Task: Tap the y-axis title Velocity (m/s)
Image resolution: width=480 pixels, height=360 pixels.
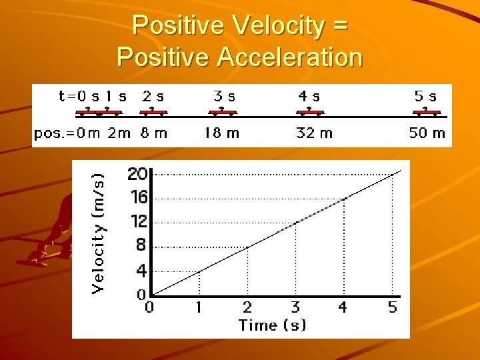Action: click(x=98, y=231)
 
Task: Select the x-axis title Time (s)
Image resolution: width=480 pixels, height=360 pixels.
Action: click(x=273, y=325)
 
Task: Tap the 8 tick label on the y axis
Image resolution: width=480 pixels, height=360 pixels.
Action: click(x=141, y=245)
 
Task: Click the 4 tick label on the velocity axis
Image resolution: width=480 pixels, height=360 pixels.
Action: click(x=141, y=271)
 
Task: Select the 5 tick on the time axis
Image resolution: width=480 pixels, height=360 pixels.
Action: click(x=392, y=307)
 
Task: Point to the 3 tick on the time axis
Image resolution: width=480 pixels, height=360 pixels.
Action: click(x=295, y=307)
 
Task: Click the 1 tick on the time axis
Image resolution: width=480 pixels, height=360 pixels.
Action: click(x=198, y=307)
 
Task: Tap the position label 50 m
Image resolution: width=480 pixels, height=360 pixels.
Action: click(x=427, y=133)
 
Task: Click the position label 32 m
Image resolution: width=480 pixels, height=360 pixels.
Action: click(x=314, y=133)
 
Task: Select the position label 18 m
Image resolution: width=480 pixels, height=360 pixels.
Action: click(x=221, y=133)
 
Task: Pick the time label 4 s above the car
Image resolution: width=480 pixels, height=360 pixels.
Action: click(x=309, y=96)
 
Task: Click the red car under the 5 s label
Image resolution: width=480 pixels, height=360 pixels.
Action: click(x=425, y=111)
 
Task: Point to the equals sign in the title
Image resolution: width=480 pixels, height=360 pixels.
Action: click(x=339, y=27)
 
